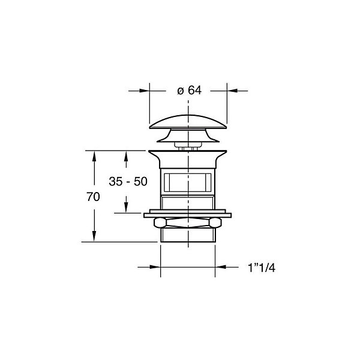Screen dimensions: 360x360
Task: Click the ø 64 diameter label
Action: pyautogui.click(x=189, y=91)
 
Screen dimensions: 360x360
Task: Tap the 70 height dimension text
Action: pyautogui.click(x=93, y=197)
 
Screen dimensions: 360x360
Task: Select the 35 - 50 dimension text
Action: pyautogui.click(x=128, y=181)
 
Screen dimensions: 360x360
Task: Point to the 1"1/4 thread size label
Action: pyautogui.click(x=262, y=268)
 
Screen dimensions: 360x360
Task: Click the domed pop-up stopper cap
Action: pyautogui.click(x=188, y=122)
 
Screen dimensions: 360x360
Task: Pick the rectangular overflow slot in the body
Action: pyautogui.click(x=188, y=182)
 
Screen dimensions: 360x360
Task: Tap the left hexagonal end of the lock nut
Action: pyautogui.click(x=160, y=223)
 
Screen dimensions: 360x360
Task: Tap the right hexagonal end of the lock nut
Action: pyautogui.click(x=215, y=223)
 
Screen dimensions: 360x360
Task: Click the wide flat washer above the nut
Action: pyautogui.click(x=188, y=215)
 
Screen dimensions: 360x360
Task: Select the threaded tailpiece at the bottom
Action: pyautogui.click(x=188, y=235)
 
